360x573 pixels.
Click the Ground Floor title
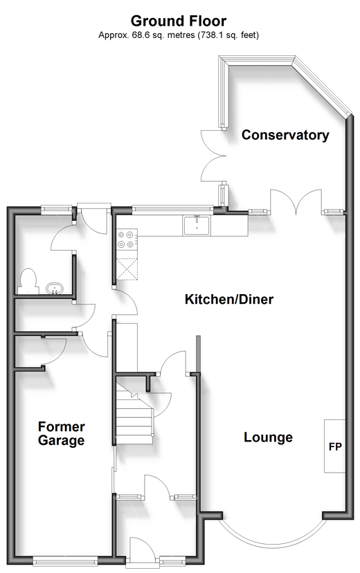tap(179, 21)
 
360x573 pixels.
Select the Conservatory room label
tap(285, 135)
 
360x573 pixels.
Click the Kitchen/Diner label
tap(229, 299)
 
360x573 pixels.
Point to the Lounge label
tap(268, 437)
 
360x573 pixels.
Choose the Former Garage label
tap(62, 433)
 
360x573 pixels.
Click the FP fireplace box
tap(335, 446)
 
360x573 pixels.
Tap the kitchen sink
tap(197, 226)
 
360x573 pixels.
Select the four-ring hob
tap(127, 239)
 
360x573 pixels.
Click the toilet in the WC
tap(28, 282)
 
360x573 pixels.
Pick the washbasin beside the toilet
tap(55, 289)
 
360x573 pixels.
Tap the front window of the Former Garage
tap(65, 561)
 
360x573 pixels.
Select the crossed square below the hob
tap(127, 269)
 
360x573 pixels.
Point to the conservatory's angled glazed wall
tap(322, 87)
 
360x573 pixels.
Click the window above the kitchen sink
tap(172, 210)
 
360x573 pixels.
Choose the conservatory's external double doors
tap(214, 156)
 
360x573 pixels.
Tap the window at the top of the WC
tap(57, 210)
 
